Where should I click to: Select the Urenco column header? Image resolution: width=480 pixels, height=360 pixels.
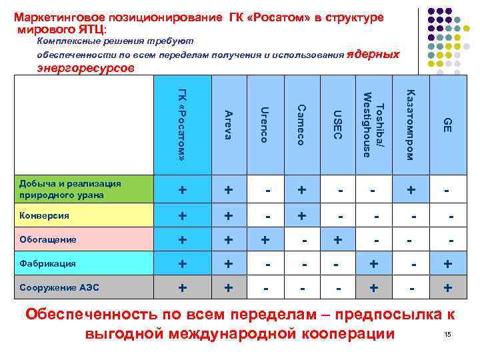265,125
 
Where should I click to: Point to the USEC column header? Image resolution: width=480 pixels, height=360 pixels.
337,125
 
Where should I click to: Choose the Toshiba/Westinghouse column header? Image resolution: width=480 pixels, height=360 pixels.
373,125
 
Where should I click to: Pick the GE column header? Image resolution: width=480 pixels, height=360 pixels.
447,125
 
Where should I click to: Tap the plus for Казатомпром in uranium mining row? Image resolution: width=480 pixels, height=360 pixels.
412,191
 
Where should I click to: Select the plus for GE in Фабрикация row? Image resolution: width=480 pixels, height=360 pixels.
449,264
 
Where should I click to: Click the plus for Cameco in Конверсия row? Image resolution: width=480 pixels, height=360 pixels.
302,216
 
